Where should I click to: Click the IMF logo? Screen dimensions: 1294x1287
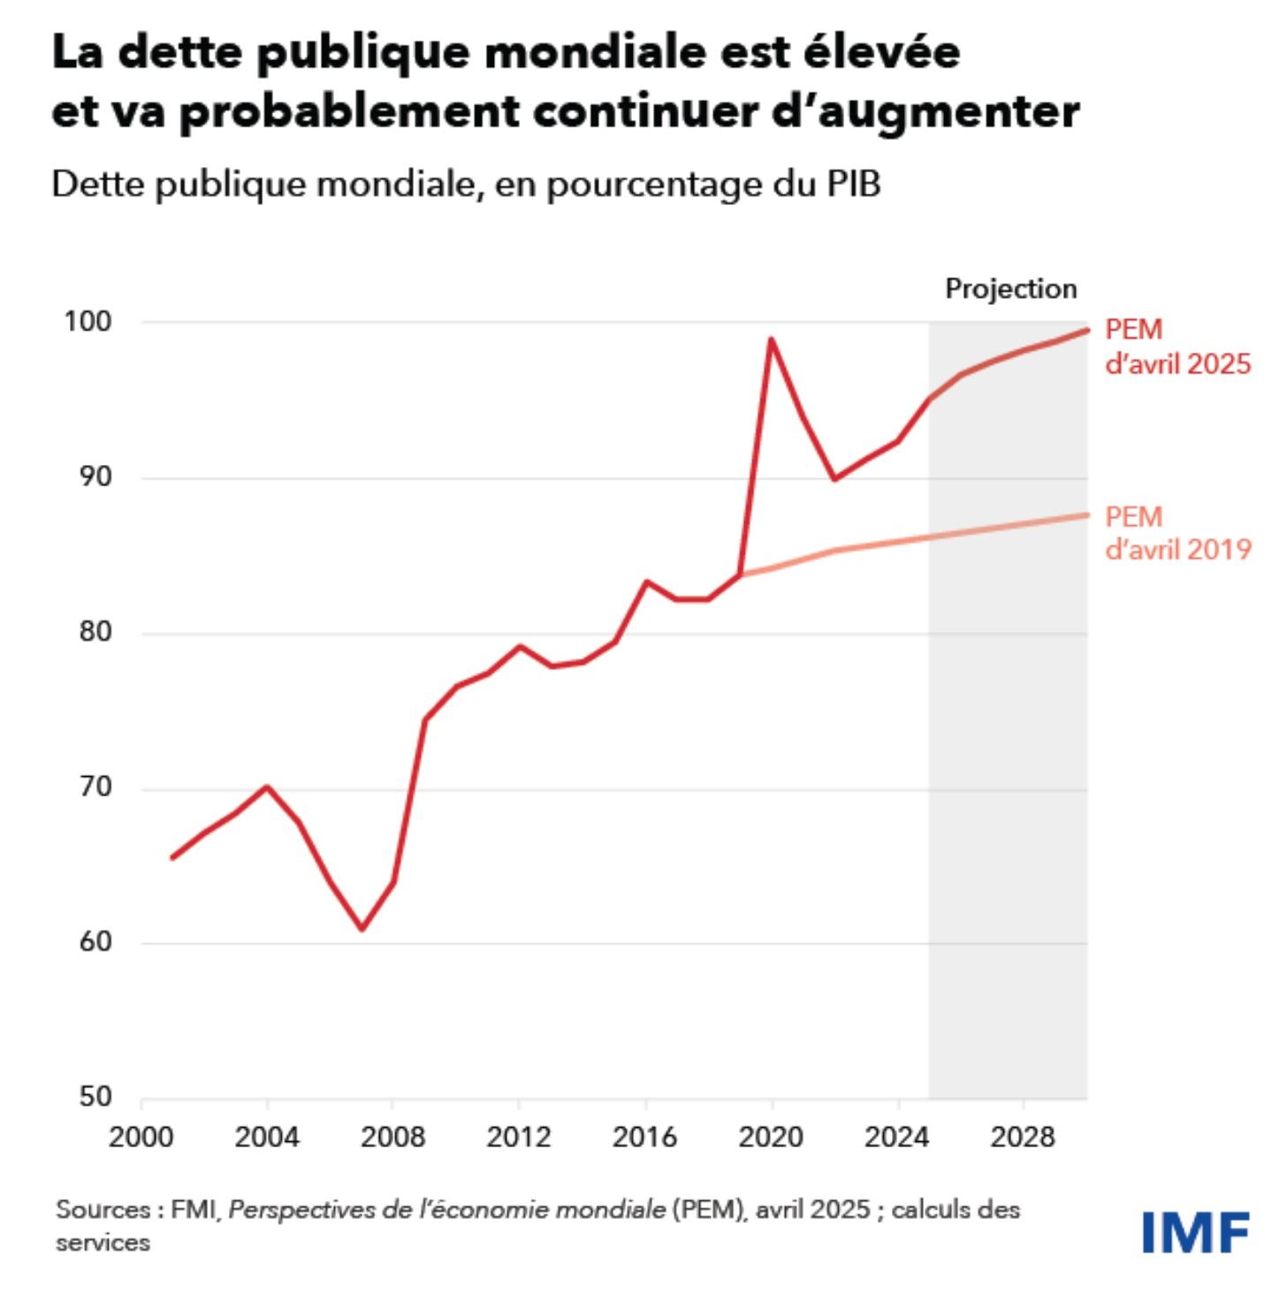(1194, 1231)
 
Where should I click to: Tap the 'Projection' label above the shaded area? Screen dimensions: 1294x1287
(1010, 288)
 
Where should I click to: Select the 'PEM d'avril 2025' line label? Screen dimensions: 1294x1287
(1177, 346)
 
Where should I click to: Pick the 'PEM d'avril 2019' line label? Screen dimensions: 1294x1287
(1177, 533)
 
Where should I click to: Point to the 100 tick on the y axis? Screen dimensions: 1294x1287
(88, 322)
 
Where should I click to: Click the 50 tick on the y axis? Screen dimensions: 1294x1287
(96, 1097)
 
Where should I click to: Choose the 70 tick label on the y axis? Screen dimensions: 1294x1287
(96, 787)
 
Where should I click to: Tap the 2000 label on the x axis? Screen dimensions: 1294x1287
(141, 1137)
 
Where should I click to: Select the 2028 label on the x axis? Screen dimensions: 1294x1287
(1023, 1137)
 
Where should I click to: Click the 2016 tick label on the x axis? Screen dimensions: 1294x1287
(645, 1137)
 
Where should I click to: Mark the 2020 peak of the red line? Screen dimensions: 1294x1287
(771, 339)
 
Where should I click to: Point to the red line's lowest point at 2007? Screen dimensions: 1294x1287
(362, 928)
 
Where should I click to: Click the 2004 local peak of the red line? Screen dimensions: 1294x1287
(267, 787)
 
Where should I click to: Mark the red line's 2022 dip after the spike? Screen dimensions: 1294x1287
(834, 479)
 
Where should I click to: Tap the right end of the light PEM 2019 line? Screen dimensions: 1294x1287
(1086, 514)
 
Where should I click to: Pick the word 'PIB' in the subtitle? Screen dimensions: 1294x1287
(854, 184)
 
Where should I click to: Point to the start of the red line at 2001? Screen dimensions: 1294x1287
(172, 857)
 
